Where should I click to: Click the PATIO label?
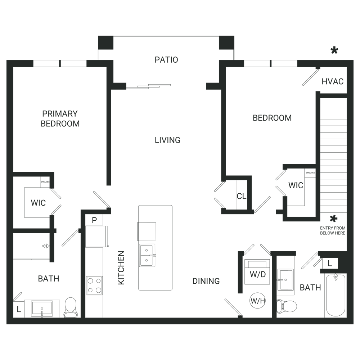click(166, 60)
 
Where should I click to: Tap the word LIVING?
click(167, 140)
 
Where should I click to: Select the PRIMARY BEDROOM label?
click(60, 119)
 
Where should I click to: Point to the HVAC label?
click(332, 81)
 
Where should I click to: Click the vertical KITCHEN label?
click(121, 268)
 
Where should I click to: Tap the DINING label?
click(206, 281)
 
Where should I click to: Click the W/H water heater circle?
click(258, 301)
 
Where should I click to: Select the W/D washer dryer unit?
click(257, 271)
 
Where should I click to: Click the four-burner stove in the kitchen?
click(94, 285)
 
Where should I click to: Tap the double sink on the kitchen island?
click(147, 255)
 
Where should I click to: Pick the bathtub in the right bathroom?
click(336, 296)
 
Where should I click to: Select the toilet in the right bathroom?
click(287, 306)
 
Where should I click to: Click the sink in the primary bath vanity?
click(42, 309)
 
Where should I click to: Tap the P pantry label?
click(94, 220)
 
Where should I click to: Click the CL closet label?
click(241, 196)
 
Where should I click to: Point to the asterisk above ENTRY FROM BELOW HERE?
click(333, 219)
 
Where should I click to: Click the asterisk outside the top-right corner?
click(334, 50)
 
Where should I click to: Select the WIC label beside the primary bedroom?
click(38, 203)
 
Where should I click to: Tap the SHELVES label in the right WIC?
click(310, 173)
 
